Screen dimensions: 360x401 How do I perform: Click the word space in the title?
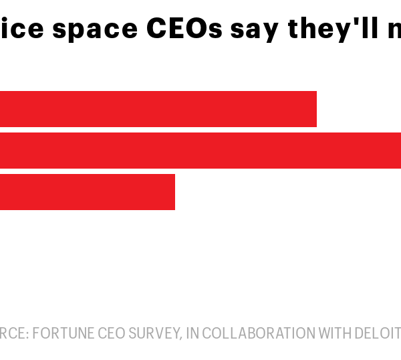point(94,30)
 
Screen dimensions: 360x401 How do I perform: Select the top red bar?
point(158,109)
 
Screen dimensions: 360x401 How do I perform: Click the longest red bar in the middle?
point(200,151)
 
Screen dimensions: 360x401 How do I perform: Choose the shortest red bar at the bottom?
point(87,192)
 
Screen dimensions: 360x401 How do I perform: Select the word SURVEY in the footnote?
point(152,333)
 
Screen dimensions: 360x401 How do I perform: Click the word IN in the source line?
point(191,333)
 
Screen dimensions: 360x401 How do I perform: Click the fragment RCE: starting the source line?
point(13,333)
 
